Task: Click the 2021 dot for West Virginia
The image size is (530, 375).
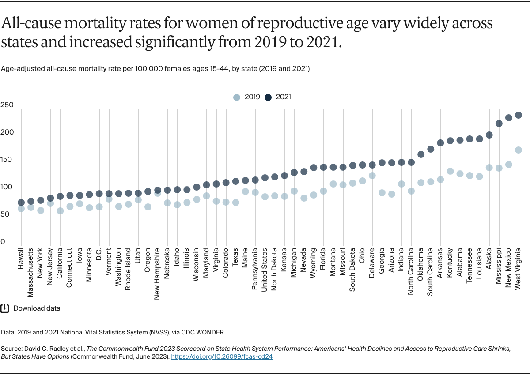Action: pos(519,115)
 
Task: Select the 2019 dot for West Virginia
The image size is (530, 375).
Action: pos(519,150)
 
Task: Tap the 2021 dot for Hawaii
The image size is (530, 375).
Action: pos(21,202)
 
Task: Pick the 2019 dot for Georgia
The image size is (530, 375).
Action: pos(382,193)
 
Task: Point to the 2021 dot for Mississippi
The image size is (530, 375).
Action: pos(499,124)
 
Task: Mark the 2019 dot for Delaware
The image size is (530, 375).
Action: pos(372,175)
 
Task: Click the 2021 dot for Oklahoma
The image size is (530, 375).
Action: pos(421,154)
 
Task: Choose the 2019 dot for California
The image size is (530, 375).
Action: pos(60,211)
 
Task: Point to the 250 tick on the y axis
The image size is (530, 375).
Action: pos(7,105)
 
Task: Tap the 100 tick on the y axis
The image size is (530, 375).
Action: pos(7,187)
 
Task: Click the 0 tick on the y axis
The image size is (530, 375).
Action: pos(3,242)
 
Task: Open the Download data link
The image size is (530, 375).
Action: pos(37,308)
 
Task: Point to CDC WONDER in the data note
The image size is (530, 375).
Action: pos(211,332)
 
